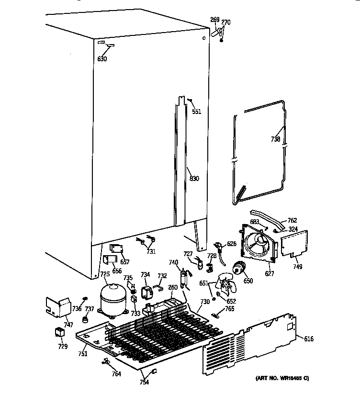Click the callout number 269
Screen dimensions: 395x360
click(214, 20)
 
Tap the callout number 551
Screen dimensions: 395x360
click(196, 112)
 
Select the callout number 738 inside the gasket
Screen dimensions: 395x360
click(275, 139)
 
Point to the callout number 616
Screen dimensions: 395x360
click(309, 339)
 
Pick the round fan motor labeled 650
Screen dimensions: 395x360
click(238, 270)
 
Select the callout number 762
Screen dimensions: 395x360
click(292, 221)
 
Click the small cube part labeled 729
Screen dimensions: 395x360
click(59, 332)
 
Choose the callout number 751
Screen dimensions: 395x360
click(83, 354)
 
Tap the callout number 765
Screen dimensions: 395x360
click(230, 309)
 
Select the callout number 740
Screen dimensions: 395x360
click(173, 262)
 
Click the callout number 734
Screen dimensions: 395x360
click(145, 274)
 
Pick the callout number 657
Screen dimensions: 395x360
click(124, 262)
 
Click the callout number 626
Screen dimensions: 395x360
click(232, 244)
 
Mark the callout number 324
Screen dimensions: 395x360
click(293, 229)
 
